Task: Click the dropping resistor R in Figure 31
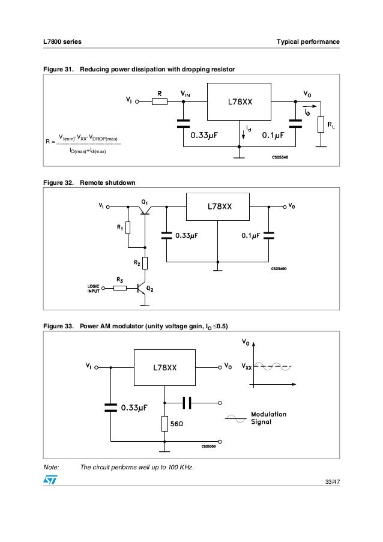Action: click(x=159, y=102)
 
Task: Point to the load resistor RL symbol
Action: click(x=321, y=125)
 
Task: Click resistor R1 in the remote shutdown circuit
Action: click(x=128, y=227)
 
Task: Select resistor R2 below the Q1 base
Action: click(x=145, y=263)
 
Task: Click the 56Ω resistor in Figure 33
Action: click(x=164, y=424)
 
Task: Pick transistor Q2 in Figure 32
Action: click(x=142, y=289)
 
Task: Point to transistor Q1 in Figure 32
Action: click(x=144, y=208)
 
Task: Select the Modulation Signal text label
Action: click(x=268, y=418)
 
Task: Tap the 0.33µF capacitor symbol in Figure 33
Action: click(x=110, y=407)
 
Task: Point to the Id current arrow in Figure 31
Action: click(x=243, y=133)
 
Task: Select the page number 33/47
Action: click(x=331, y=483)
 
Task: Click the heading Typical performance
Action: click(x=307, y=41)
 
